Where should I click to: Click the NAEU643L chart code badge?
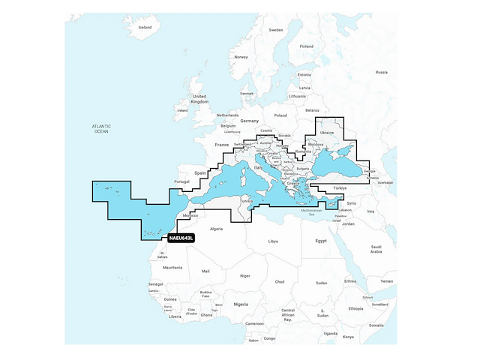[180, 238]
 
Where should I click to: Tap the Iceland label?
[145, 27]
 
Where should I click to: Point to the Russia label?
[381, 72]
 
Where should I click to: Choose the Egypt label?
[321, 241]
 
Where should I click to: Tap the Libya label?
[273, 241]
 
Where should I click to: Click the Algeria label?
[216, 228]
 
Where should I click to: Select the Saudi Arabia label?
[376, 249]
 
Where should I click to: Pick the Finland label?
[306, 46]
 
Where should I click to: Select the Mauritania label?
[172, 267]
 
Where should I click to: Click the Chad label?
[280, 281]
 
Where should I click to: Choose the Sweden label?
[276, 30]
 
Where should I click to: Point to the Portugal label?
[181, 181]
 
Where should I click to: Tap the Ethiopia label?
[355, 308]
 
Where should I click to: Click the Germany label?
[249, 121]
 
